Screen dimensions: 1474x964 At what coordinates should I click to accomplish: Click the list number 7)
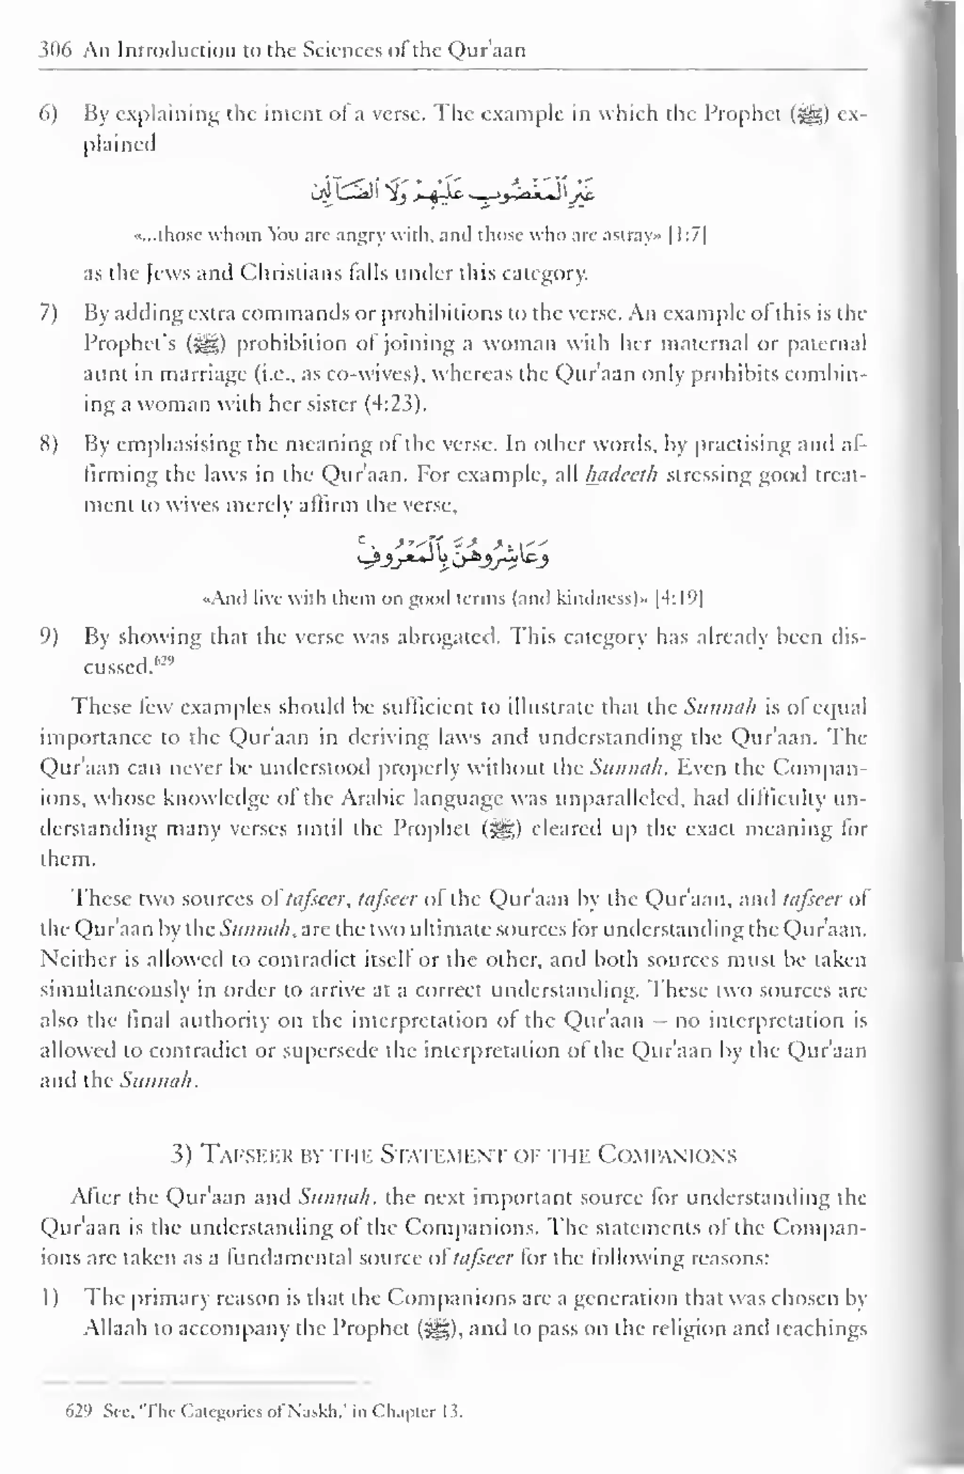coord(49,314)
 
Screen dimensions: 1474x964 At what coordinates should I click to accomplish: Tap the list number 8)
coord(49,445)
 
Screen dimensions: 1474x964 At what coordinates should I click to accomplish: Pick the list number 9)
coord(49,637)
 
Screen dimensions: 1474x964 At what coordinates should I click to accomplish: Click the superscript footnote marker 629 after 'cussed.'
coord(165,661)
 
